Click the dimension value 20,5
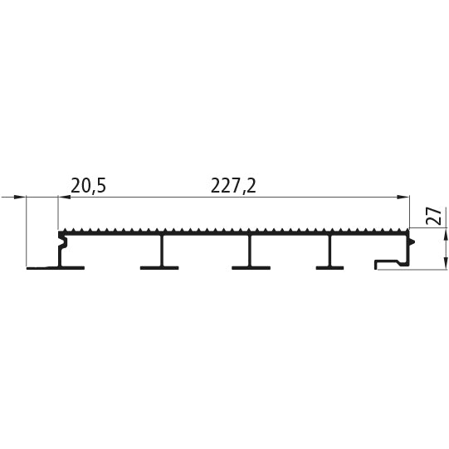[89, 186]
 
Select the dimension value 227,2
[233, 186]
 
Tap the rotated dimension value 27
[433, 216]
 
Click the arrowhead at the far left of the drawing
[19, 197]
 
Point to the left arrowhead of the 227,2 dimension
[64, 197]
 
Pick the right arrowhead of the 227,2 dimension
[403, 197]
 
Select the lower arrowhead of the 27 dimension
[446, 263]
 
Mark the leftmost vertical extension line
[26, 232]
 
